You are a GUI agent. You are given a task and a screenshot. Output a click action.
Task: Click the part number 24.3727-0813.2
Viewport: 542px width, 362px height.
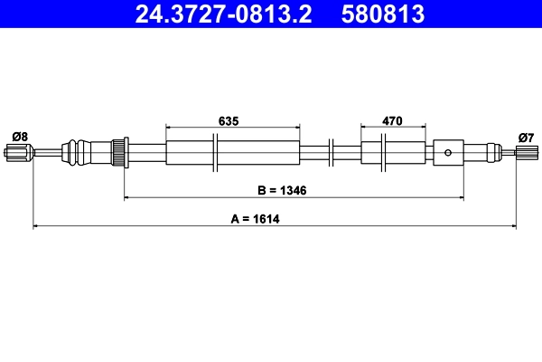click(227, 14)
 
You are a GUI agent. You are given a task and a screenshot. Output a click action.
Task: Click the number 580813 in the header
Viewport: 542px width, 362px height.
click(380, 14)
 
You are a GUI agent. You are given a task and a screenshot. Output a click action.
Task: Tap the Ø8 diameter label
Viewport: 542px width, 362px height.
click(19, 136)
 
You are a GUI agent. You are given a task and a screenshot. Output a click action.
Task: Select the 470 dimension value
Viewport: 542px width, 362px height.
click(392, 119)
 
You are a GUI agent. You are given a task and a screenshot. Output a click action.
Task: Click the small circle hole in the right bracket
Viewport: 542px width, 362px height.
click(449, 152)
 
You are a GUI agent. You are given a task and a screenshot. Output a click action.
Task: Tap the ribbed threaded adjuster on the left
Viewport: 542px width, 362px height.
click(118, 151)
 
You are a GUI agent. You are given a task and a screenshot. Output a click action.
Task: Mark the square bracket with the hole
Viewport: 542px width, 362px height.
click(449, 152)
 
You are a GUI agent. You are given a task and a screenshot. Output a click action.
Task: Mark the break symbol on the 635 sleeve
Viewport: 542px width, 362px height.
click(215, 152)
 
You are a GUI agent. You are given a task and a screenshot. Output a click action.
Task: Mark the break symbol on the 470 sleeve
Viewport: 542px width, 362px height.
click(386, 152)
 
